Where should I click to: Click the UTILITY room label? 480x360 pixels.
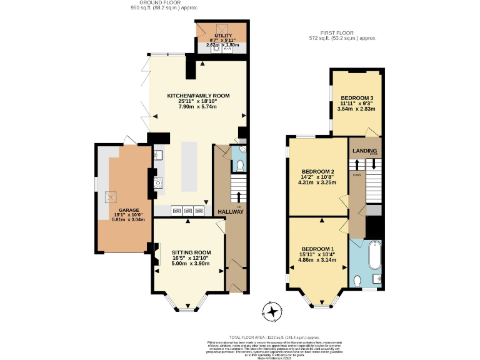pos(223,36)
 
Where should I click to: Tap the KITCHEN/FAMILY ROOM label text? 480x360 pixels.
pos(198,96)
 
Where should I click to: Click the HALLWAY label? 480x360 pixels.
pos(230,212)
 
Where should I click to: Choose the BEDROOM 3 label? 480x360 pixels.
pos(357,97)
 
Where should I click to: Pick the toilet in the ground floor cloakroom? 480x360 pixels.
pos(239,166)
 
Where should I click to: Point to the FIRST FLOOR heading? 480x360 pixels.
pos(343,33)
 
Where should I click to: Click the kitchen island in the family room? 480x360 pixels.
pos(189,167)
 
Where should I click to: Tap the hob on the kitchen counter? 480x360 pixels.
pos(157,183)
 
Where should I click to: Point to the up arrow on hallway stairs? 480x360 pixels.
pos(239,197)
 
